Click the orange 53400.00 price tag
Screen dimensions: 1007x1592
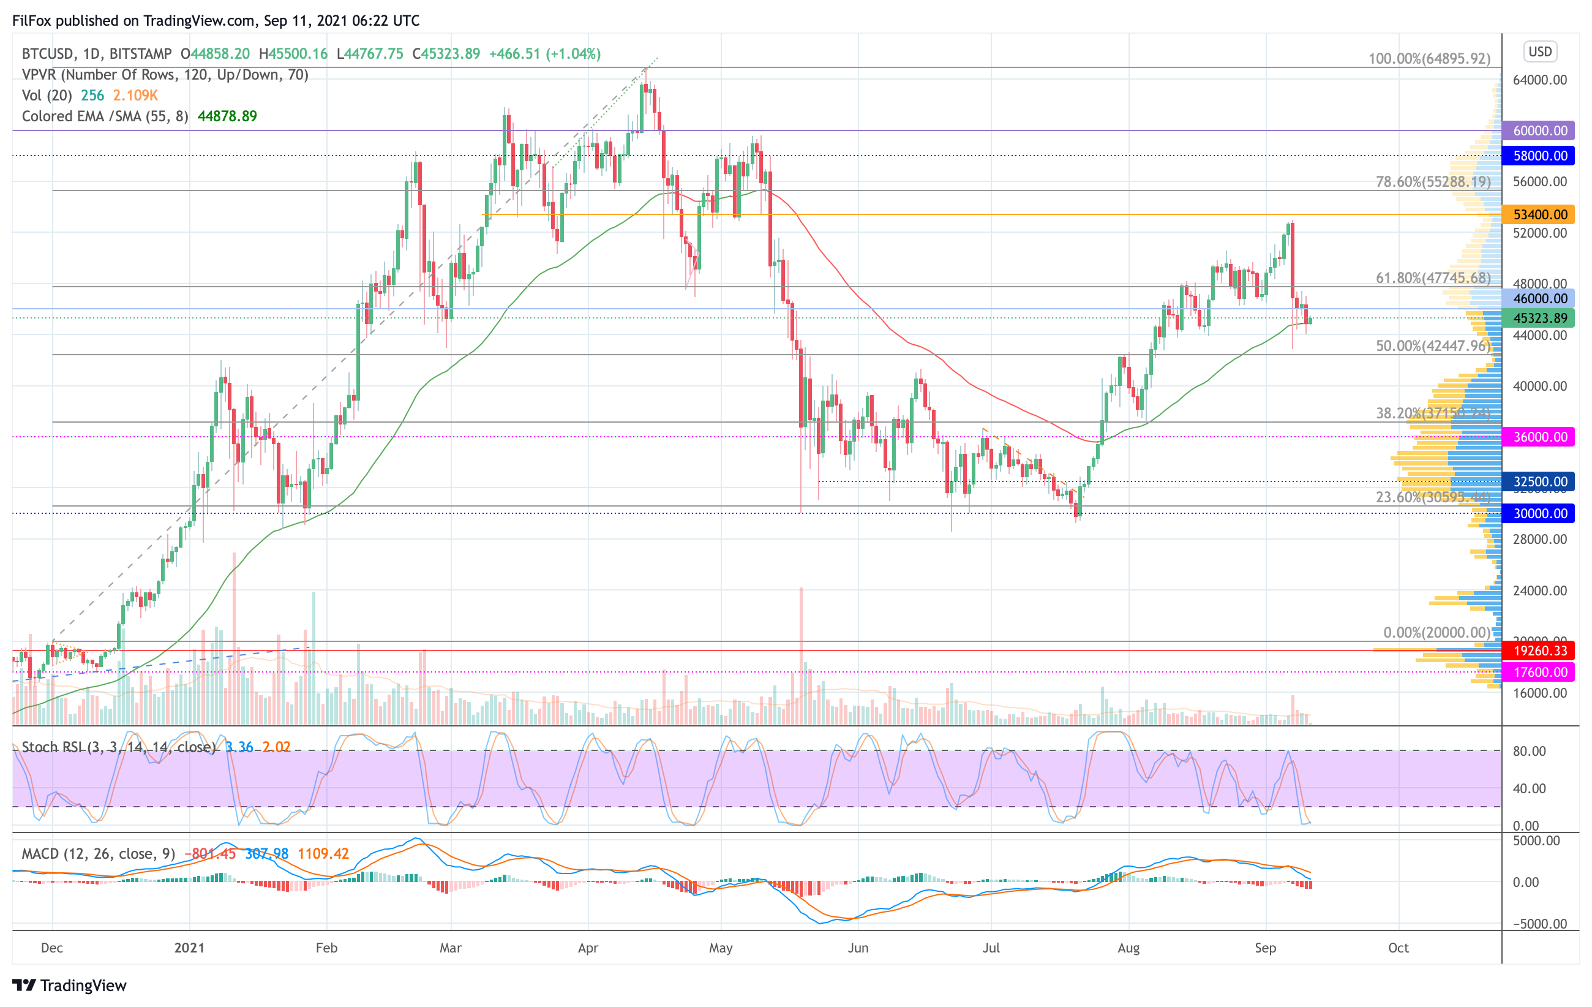click(1539, 214)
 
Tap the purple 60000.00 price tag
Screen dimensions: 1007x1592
click(1539, 130)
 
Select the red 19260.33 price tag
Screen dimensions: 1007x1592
click(1539, 651)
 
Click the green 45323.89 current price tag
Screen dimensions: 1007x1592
click(1539, 318)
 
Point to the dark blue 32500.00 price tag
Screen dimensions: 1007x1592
click(1539, 481)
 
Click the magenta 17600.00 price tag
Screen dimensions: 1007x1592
click(1539, 672)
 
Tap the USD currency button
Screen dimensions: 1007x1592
click(1540, 51)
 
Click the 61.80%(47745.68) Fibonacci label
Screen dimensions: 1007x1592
click(1433, 277)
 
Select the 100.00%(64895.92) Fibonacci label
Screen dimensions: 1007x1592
click(1429, 58)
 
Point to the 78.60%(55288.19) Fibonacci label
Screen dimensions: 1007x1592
click(1433, 181)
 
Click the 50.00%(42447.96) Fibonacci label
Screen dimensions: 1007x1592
click(1433, 346)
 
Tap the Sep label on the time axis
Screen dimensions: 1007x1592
click(1265, 948)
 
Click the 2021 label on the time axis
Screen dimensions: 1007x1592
click(189, 948)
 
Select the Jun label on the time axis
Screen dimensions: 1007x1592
click(857, 948)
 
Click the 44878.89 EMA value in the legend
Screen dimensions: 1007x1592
click(227, 116)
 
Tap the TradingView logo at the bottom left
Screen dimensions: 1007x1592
click(69, 985)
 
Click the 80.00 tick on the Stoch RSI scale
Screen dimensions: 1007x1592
click(1528, 751)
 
